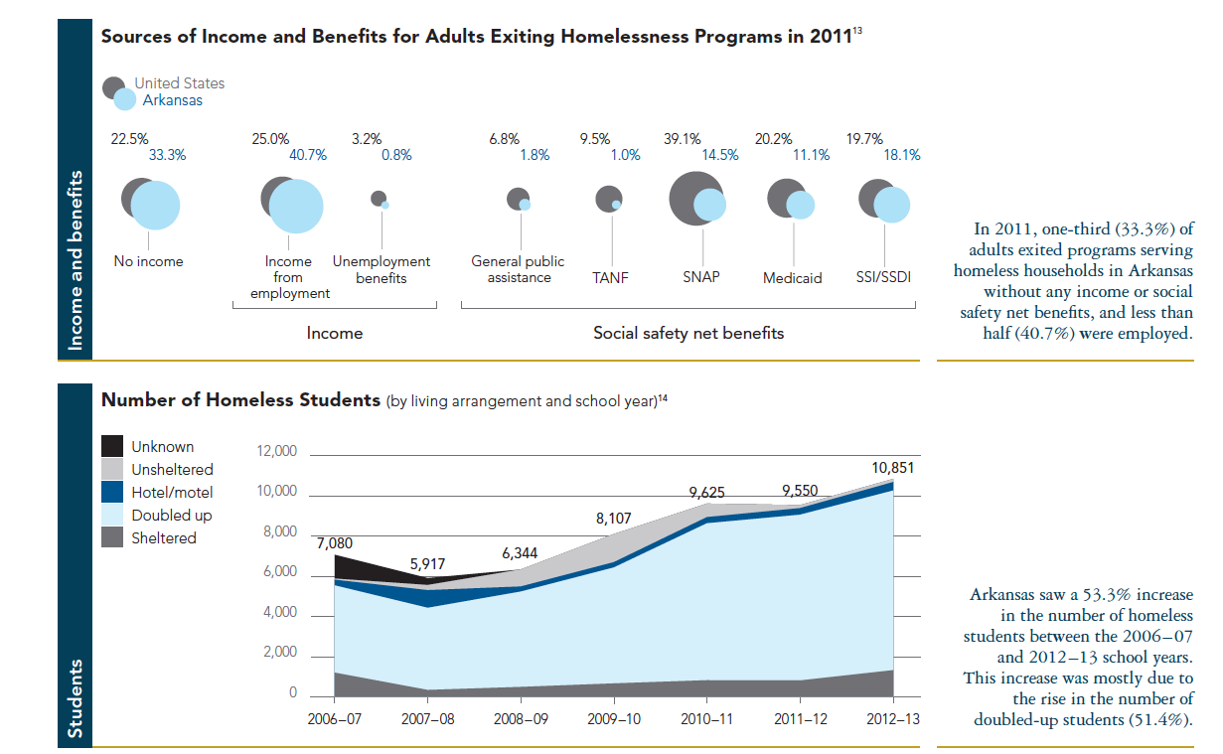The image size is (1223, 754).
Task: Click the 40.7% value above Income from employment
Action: point(307,155)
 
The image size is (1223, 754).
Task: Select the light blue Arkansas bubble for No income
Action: point(155,206)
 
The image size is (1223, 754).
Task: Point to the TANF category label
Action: point(612,277)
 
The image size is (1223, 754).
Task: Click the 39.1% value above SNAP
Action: point(683,139)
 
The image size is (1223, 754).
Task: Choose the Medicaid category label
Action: point(793,278)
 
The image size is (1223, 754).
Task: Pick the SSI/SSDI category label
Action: point(883,277)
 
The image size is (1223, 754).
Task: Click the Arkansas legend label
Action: point(172,100)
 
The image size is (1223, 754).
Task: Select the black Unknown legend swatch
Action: point(113,447)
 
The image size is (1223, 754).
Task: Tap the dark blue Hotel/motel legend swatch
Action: point(113,492)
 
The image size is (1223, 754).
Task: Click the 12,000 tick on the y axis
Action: point(277,452)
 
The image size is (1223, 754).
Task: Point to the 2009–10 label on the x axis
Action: point(615,718)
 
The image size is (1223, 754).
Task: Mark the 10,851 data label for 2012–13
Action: point(893,468)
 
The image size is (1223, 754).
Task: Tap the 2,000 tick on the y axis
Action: point(280,653)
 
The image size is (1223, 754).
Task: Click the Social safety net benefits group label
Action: point(688,333)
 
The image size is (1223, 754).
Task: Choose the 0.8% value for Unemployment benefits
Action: point(396,155)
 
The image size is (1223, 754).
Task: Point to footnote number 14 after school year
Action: point(664,397)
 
